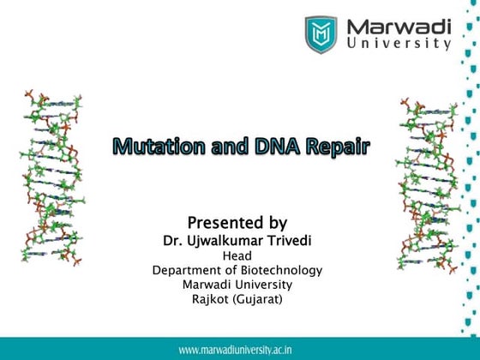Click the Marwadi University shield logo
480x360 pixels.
321,34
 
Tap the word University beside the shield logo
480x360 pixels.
399,43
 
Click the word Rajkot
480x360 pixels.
213,299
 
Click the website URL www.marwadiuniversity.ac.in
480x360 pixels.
239,350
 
